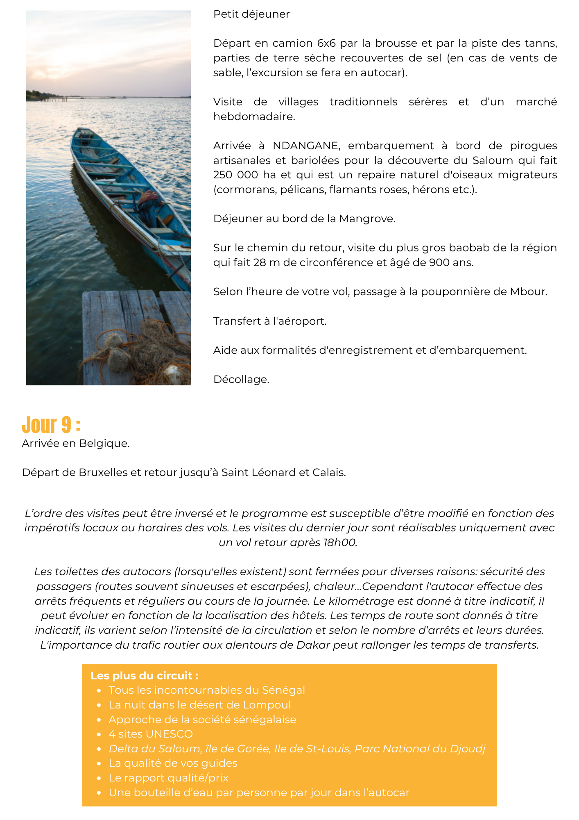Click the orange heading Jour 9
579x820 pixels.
pyautogui.click(x=51, y=425)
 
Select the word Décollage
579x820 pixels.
pyautogui.click(x=241, y=380)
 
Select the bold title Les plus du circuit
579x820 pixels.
pyautogui.click(x=144, y=676)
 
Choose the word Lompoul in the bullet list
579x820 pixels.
pyautogui.click(x=267, y=705)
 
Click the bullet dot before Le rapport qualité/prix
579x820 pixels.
pyautogui.click(x=99, y=778)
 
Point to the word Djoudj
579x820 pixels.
pyautogui.click(x=468, y=749)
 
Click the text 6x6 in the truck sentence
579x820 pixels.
pyautogui.click(x=326, y=43)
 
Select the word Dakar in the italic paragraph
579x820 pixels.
pyautogui.click(x=313, y=645)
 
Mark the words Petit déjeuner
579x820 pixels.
pyautogui.click(x=251, y=14)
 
